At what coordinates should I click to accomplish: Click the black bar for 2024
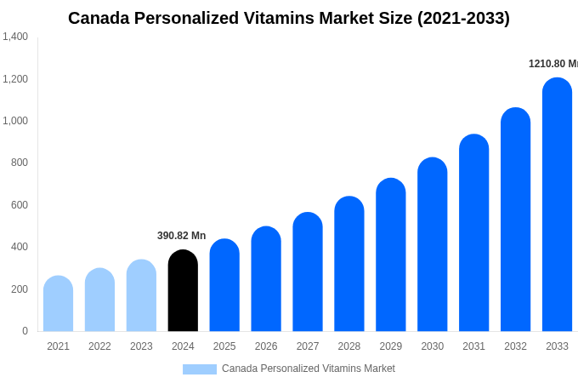tap(183, 291)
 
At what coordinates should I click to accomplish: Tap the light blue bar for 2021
tap(58, 304)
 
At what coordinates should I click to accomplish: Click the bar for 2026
tap(266, 279)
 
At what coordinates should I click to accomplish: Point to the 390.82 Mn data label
tap(181, 236)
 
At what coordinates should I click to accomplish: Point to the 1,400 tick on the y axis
tap(14, 37)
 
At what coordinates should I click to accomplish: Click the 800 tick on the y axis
tap(19, 163)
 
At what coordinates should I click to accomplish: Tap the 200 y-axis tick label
tap(19, 289)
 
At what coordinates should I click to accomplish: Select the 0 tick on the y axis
tap(25, 331)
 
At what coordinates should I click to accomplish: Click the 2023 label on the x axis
tap(141, 346)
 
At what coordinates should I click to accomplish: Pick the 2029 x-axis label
tap(391, 346)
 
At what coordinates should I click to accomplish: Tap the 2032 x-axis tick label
tap(515, 346)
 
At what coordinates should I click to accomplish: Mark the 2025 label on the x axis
tap(224, 346)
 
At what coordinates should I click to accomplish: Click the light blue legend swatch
tap(199, 369)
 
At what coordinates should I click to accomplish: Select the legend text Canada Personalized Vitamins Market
tap(308, 369)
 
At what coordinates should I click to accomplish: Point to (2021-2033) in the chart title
tap(463, 18)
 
